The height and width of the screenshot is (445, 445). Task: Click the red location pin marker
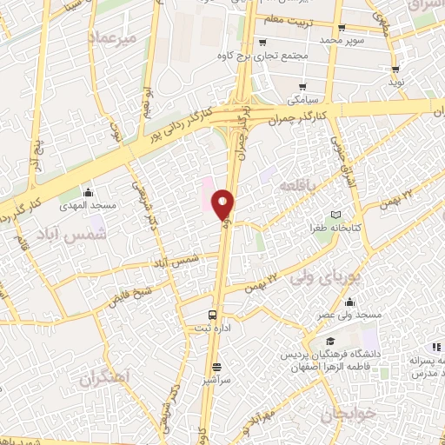222,204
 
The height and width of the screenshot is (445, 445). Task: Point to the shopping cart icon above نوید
395,70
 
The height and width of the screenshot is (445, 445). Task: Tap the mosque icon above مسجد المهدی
87,192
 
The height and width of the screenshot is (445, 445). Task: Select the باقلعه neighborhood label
296,186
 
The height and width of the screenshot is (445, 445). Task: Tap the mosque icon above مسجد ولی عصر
349,302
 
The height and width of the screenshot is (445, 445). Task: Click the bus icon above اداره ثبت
213,315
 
